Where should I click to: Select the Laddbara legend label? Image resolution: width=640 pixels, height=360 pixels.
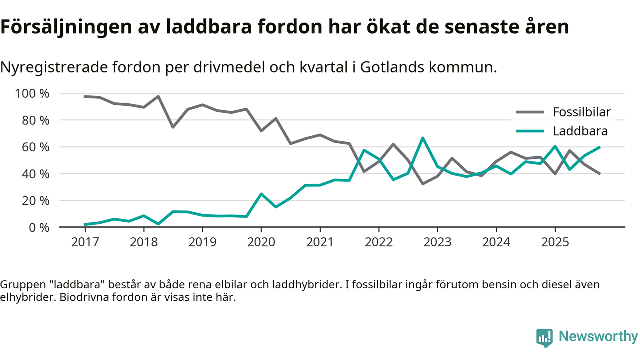[x=580, y=132]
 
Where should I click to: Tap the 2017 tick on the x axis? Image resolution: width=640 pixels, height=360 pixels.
[x=85, y=242]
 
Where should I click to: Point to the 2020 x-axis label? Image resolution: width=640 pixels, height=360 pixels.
[x=261, y=242]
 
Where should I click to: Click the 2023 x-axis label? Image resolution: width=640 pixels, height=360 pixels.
[x=437, y=242]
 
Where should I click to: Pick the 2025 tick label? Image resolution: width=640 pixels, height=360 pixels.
[x=555, y=242]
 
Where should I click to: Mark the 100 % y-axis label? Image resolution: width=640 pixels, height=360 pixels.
[x=32, y=94]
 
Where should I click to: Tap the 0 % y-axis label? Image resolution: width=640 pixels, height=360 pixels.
[x=39, y=227]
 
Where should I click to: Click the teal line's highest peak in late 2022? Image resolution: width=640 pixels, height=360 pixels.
[x=423, y=138]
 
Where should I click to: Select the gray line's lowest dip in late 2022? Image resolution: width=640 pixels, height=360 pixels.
[x=423, y=184]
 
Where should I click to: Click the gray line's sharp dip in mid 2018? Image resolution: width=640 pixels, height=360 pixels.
[x=173, y=127]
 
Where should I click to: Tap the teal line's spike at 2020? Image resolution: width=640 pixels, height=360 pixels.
[x=261, y=194]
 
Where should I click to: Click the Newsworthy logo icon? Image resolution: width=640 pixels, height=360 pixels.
[x=544, y=338]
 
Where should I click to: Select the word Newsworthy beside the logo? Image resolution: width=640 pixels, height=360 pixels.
[x=598, y=337]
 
